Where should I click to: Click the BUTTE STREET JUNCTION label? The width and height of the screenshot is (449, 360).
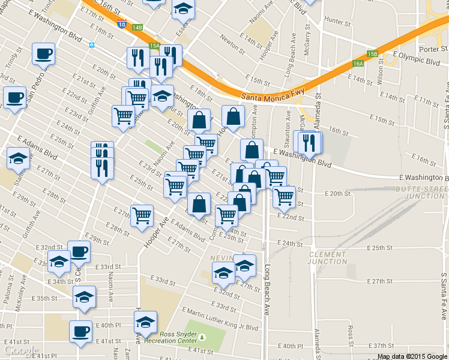pyautogui.click(x=421, y=192)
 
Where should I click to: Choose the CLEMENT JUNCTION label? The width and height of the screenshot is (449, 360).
pyautogui.click(x=328, y=258)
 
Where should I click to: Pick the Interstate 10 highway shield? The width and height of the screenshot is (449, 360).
pyautogui.click(x=122, y=25)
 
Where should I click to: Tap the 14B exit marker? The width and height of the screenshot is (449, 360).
pyautogui.click(x=137, y=28)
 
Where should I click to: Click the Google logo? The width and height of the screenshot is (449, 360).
pyautogui.click(x=21, y=350)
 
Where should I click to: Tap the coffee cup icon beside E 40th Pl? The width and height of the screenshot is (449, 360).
pyautogui.click(x=80, y=331)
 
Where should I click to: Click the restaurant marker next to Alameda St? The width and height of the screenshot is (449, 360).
pyautogui.click(x=310, y=143)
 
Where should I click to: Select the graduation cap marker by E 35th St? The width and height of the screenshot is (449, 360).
pyautogui.click(x=84, y=296)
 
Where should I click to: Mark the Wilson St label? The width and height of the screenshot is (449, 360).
pyautogui.click(x=380, y=73)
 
